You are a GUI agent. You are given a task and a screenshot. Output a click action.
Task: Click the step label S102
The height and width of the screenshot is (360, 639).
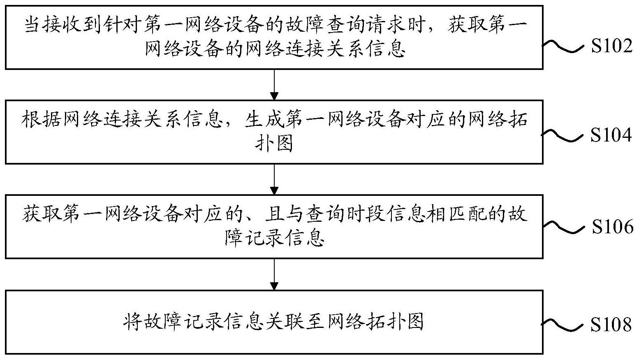[611, 46]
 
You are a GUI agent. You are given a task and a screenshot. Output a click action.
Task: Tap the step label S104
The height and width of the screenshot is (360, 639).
[611, 135]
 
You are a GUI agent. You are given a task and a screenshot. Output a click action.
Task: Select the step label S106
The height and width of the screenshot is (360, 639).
[613, 227]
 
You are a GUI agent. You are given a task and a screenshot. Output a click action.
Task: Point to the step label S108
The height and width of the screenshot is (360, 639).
[611, 325]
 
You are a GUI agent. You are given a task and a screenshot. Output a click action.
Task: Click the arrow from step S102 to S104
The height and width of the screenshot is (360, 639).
[274, 85]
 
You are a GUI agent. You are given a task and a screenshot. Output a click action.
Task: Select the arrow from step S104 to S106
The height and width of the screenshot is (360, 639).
[274, 179]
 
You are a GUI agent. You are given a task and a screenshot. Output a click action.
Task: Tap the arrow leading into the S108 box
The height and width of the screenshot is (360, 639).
[274, 275]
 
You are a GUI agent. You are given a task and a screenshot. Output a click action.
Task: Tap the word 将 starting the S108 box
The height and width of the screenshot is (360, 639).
[133, 322]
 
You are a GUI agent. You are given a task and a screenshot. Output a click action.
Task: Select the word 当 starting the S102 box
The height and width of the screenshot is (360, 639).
[32, 25]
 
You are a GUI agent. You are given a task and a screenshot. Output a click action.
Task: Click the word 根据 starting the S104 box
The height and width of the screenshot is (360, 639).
[41, 119]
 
